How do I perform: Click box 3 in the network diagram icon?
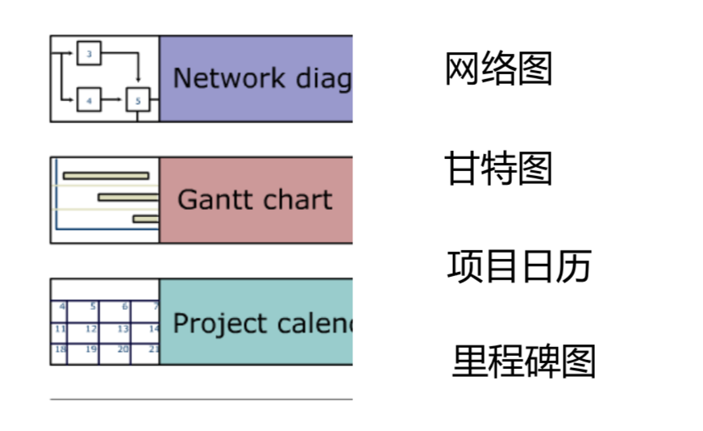click(x=89, y=55)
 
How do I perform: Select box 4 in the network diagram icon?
click(x=89, y=101)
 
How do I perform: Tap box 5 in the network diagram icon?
click(x=138, y=101)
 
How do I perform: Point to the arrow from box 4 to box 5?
click(x=113, y=101)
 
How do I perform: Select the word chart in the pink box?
click(x=295, y=199)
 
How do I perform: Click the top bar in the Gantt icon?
click(x=106, y=175)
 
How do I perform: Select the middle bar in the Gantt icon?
click(x=128, y=197)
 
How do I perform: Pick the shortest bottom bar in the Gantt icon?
click(x=146, y=219)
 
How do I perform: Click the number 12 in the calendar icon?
click(x=91, y=329)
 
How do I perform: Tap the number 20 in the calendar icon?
click(x=123, y=349)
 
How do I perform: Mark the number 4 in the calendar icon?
click(x=62, y=307)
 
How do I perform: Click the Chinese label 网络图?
click(x=498, y=69)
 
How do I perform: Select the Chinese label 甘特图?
click(x=498, y=169)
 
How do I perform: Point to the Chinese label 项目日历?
click(x=519, y=266)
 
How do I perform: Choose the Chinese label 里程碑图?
click(x=523, y=362)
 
